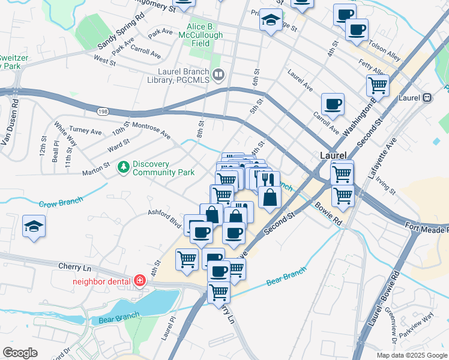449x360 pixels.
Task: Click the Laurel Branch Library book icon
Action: coord(219,75)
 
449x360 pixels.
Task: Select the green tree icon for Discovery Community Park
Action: coord(124,165)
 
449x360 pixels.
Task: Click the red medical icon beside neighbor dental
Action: coord(140,280)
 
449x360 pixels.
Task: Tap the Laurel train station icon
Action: coord(427,97)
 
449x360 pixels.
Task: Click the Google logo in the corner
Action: coord(20,352)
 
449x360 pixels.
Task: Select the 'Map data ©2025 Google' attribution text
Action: coord(411,355)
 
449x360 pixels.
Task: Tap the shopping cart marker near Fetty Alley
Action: coord(378,86)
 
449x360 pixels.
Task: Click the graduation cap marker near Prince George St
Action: coord(271,20)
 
